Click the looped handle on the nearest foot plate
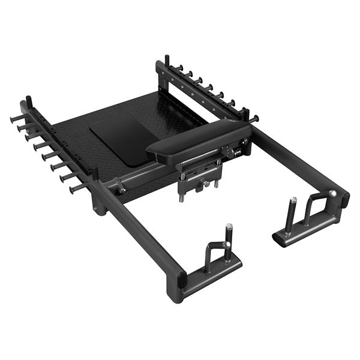pos(215,252)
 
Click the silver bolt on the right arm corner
pos(332,193)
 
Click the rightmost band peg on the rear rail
pos(253,118)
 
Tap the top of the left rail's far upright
pos(28,100)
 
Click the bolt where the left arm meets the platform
pos(122,188)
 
